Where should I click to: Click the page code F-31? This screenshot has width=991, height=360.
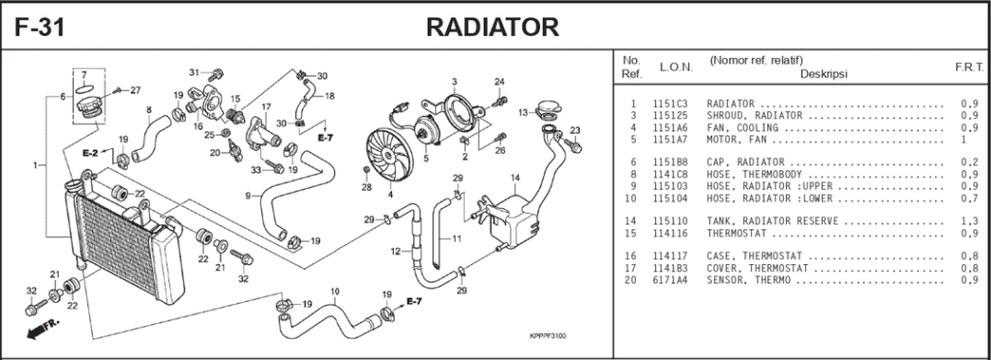tap(40, 27)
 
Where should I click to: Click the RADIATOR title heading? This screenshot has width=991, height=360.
tap(493, 27)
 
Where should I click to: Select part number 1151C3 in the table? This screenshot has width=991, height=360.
tap(670, 104)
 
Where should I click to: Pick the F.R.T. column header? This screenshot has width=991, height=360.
tap(968, 68)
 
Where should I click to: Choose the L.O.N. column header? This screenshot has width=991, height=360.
tap(676, 68)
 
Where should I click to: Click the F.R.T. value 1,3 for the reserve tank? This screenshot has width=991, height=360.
tap(969, 222)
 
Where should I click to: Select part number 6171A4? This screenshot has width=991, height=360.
tap(670, 281)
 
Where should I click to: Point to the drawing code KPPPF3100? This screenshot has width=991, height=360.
tap(548, 336)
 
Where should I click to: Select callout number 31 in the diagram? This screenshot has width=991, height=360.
tap(194, 73)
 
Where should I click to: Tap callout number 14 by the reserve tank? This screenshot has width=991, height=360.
tap(515, 178)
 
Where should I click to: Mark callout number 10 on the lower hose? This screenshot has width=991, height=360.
tap(335, 291)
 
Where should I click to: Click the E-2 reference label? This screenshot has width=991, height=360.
tap(91, 154)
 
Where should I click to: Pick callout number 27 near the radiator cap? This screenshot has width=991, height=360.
tap(135, 90)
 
